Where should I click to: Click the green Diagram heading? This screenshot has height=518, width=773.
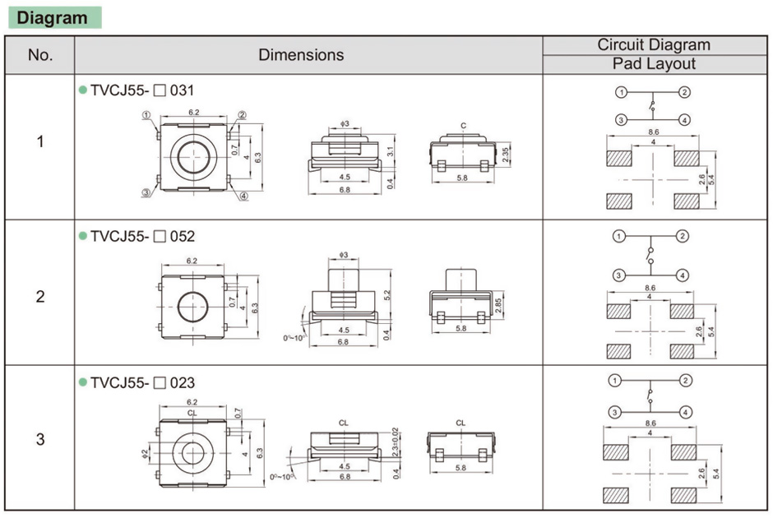pyautogui.click(x=53, y=17)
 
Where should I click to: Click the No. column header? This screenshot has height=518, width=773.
pyautogui.click(x=40, y=55)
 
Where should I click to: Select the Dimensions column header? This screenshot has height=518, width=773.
pyautogui.click(x=301, y=55)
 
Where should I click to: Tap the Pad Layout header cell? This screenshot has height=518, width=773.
pyautogui.click(x=654, y=64)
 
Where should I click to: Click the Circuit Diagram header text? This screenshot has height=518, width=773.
pyautogui.click(x=654, y=45)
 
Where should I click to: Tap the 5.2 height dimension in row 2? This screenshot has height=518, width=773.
pyautogui.click(x=387, y=294)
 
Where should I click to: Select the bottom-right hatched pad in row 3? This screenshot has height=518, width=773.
pyautogui.click(x=683, y=496)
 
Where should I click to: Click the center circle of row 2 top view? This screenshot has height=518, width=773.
pyautogui.click(x=192, y=306)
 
